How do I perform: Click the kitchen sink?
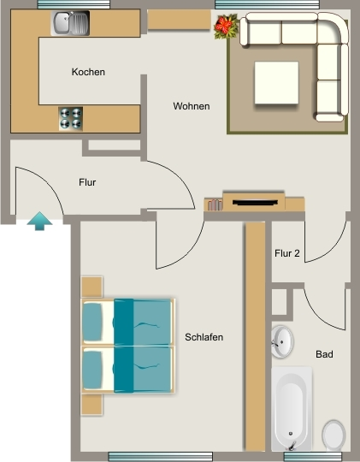tap(70, 23)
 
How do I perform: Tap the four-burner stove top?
tap(71, 118)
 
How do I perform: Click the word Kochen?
tap(88, 72)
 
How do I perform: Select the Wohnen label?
tap(192, 106)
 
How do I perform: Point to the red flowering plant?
tap(227, 27)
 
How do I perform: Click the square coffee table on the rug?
tap(277, 82)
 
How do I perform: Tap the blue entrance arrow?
tap(40, 221)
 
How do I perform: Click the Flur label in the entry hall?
tap(87, 182)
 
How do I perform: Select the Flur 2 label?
tap(287, 253)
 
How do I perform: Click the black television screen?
tap(255, 203)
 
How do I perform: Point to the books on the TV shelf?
tap(215, 204)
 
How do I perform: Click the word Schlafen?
tap(204, 337)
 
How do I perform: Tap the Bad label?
tap(324, 354)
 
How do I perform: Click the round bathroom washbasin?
tap(282, 341)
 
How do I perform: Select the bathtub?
tap(292, 409)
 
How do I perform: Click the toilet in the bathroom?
tap(333, 435)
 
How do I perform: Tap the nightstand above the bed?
tap(91, 287)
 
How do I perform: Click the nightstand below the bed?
tap(91, 404)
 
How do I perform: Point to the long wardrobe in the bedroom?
tap(255, 336)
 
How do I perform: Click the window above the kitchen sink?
tap(74, 4)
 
